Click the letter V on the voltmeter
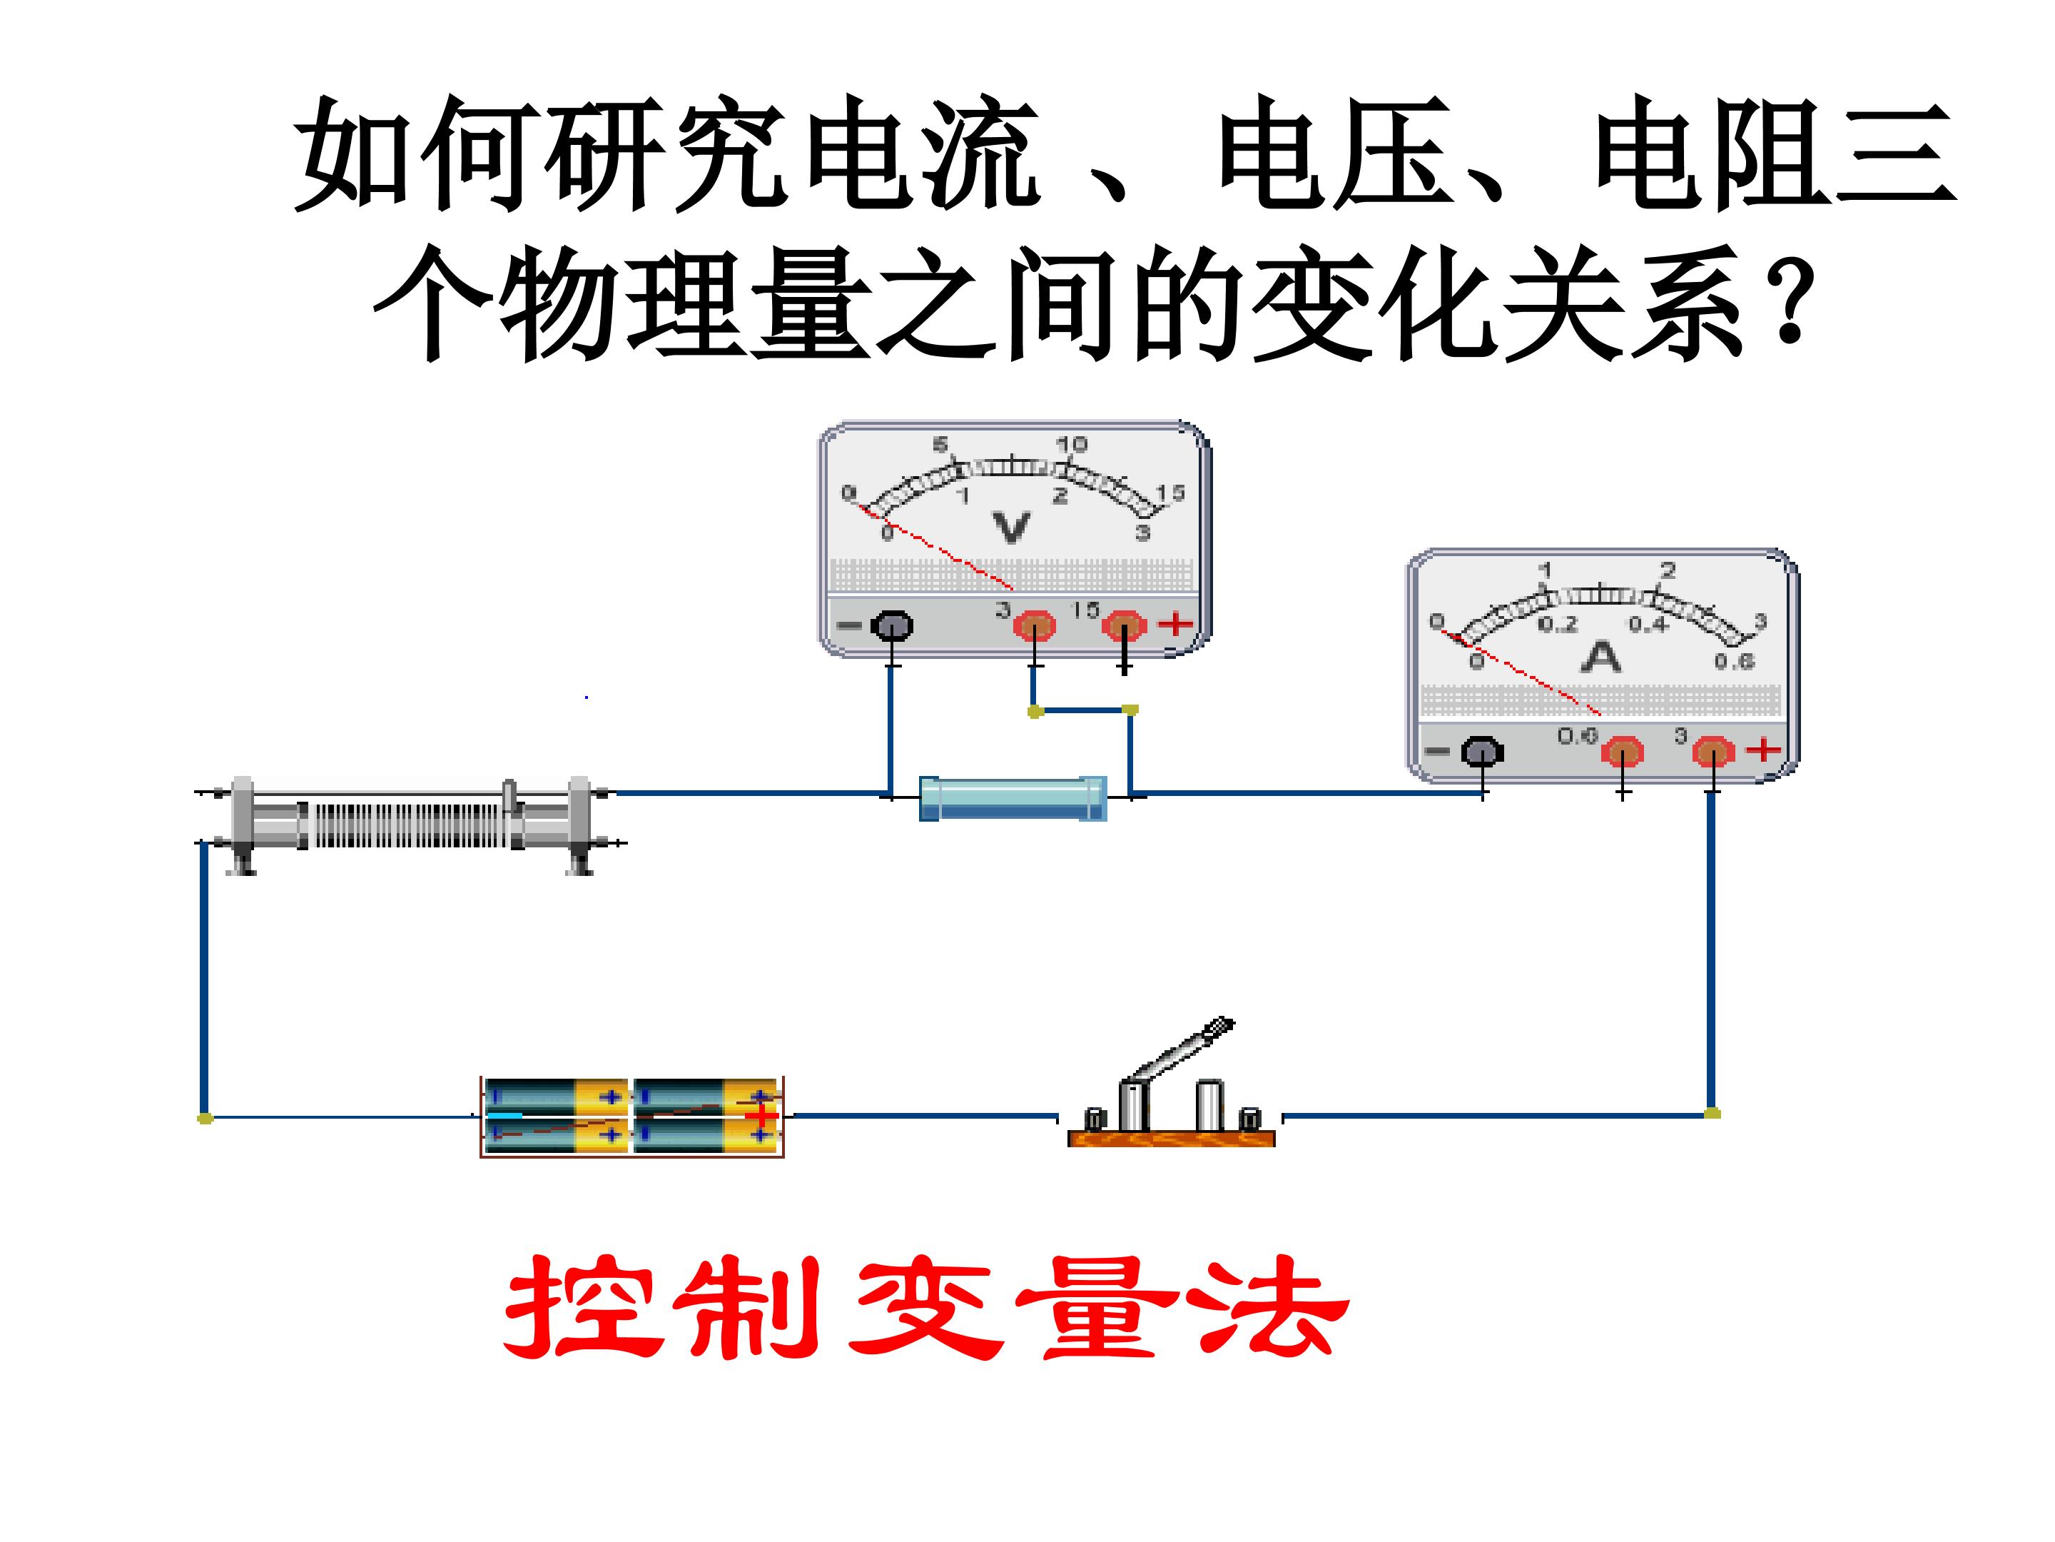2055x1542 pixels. pos(1011,527)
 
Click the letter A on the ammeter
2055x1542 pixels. pos(1600,657)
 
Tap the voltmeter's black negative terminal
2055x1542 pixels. pos(891,625)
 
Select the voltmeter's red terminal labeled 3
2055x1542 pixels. pos(1034,625)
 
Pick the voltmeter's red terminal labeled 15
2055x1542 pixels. pos(1124,625)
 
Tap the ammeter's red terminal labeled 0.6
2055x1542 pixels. pos(1622,751)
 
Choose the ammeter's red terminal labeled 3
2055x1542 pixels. pos(1712,751)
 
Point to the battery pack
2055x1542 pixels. pos(631,1115)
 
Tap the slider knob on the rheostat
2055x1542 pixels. pos(509,795)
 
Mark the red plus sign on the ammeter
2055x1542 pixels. pos(1763,749)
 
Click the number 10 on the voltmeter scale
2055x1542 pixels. pos(1071,444)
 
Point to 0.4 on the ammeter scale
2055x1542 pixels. pos(1647,625)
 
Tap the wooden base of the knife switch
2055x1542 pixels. pos(1171,1138)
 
